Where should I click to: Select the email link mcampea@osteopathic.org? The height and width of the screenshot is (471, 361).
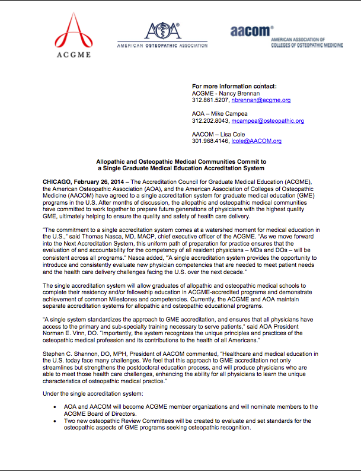pyautogui.click(x=273, y=120)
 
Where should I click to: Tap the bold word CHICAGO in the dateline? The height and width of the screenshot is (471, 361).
pyautogui.click(x=59, y=180)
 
